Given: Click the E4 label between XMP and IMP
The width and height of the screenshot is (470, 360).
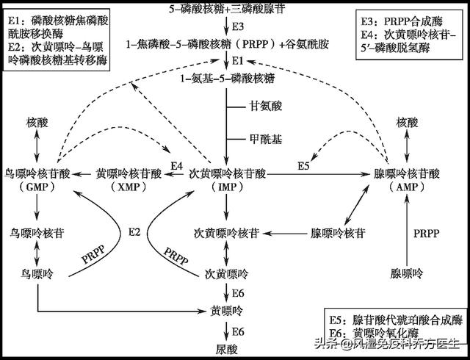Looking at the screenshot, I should [x=176, y=167].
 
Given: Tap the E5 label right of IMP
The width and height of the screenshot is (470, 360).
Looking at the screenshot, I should [x=303, y=167].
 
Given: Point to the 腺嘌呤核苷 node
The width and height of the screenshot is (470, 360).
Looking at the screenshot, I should [x=338, y=233].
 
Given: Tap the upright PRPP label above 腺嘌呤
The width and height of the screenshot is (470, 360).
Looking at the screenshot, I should [x=425, y=233].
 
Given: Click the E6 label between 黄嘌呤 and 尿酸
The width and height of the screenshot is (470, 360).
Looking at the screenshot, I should [x=237, y=331].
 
